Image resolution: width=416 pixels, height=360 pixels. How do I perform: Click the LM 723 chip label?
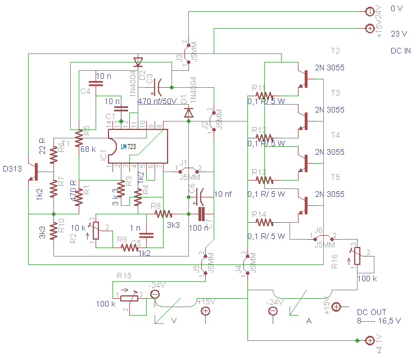(128, 146)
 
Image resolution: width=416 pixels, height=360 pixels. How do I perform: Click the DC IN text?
(400, 51)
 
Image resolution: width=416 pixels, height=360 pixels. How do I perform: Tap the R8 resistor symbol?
(163, 214)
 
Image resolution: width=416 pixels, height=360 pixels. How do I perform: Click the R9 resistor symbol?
(129, 247)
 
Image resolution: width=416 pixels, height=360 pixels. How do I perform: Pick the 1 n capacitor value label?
(134, 227)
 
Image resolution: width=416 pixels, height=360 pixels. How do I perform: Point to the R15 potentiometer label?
(124, 276)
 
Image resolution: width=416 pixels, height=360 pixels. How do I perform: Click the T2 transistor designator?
(335, 51)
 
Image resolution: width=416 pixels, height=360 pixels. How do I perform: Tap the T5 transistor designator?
(335, 177)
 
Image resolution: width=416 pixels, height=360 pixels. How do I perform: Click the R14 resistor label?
(259, 214)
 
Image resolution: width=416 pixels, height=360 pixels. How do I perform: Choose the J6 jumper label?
(318, 230)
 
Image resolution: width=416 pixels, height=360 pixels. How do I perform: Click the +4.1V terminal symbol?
(370, 340)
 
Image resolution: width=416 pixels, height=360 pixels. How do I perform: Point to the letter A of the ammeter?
(309, 321)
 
